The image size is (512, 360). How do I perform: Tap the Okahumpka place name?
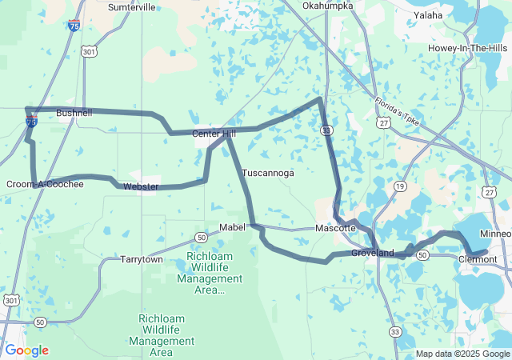tap(328, 6)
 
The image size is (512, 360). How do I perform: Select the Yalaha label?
tap(429, 15)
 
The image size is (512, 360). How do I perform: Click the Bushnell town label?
tap(74, 114)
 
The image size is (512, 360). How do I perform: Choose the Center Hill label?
tap(214, 134)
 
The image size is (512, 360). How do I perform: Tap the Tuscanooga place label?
tap(268, 173)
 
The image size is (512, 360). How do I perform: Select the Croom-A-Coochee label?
tap(45, 185)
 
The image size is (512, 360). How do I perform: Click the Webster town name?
tap(140, 187)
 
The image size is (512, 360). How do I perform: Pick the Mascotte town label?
tap(335, 228)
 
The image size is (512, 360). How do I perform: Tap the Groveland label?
tap(373, 254)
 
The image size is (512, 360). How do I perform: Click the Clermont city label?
tap(478, 259)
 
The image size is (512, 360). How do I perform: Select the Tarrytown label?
tap(142, 260)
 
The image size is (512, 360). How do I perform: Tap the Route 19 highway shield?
tap(398, 186)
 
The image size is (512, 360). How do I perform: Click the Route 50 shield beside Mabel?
tap(200, 238)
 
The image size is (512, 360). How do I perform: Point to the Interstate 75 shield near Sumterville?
tap(74, 26)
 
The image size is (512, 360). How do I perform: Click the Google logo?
tap(26, 350)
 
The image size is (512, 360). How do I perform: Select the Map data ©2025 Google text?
tap(462, 354)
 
